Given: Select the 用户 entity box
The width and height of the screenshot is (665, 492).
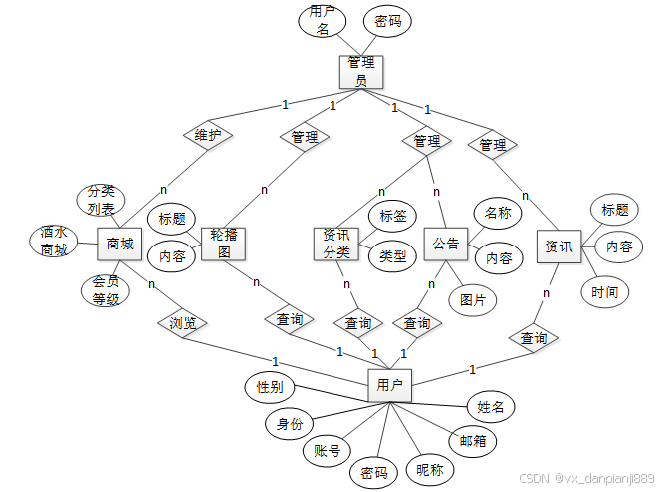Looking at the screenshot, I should click(389, 384).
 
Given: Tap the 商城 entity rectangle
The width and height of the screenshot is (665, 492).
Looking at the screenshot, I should click(120, 243).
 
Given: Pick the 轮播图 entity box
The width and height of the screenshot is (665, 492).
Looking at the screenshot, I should click(223, 243).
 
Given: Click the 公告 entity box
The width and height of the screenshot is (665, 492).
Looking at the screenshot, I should click(446, 244).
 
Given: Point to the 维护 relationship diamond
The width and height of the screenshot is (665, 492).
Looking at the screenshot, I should click(208, 135).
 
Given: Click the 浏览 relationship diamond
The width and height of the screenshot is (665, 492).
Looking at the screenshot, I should click(182, 323).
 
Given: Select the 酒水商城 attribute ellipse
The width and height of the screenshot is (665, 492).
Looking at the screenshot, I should click(54, 242).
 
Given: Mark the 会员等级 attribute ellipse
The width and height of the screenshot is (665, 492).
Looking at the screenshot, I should click(106, 290).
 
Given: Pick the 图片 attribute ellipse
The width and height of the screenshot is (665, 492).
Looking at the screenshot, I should click(473, 298).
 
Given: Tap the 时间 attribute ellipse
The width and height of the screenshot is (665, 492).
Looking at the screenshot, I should click(604, 292).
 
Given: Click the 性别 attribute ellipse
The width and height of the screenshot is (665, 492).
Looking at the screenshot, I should click(270, 386).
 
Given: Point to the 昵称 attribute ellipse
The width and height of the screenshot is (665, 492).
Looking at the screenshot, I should click(430, 469).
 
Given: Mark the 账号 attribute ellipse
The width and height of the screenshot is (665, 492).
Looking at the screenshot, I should click(327, 451).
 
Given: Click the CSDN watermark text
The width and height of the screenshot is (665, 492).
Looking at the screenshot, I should click(588, 479).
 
